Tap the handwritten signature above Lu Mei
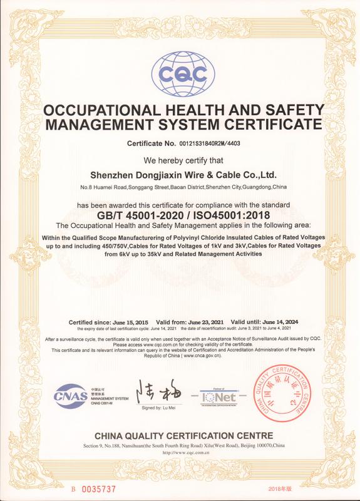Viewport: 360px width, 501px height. click(158, 393)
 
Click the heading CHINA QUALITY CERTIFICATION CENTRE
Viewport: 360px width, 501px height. click(183, 435)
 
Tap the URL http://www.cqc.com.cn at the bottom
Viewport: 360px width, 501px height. click(183, 452)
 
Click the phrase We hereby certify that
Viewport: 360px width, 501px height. click(179, 160)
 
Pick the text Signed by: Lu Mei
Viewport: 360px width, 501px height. click(160, 408)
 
